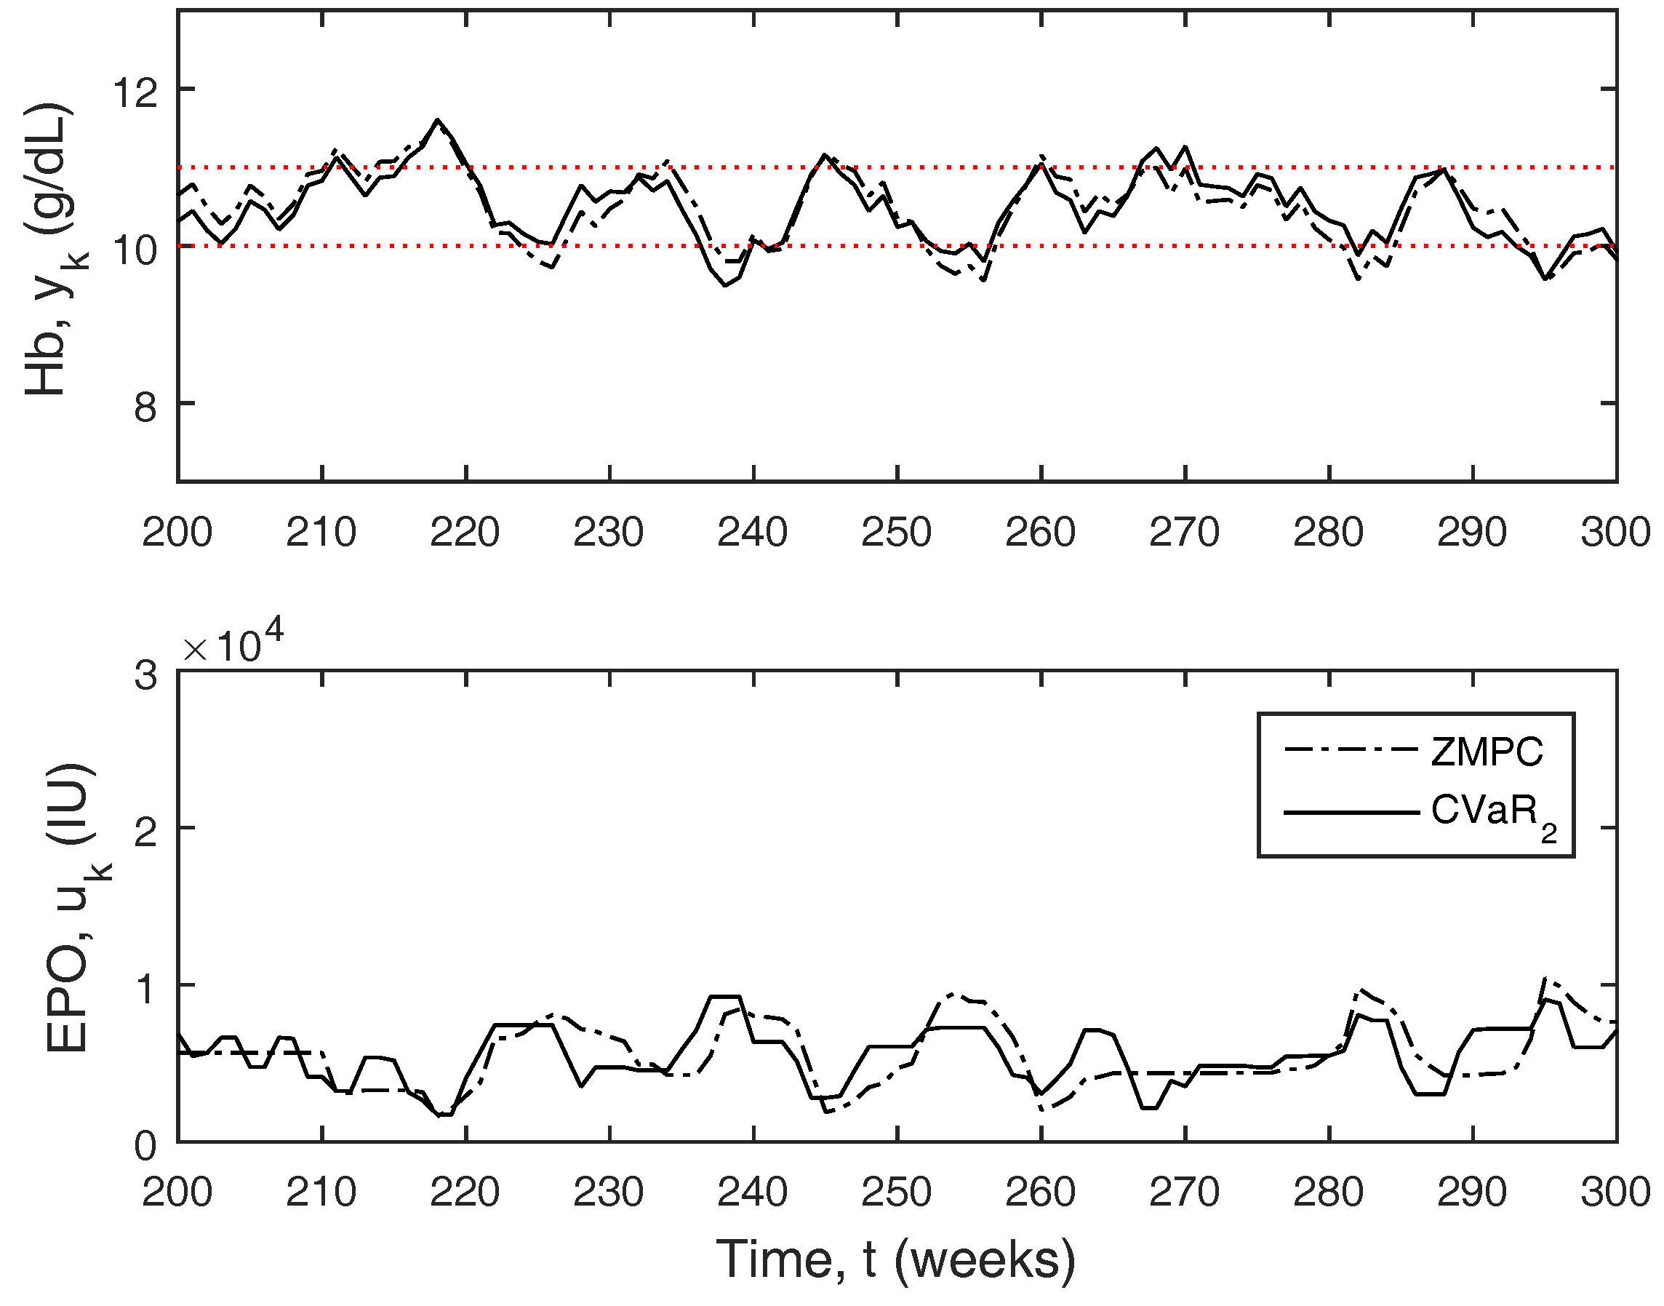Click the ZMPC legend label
point(1487,752)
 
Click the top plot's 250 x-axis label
point(896,531)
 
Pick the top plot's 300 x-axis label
point(1615,531)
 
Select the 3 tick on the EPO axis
point(145,676)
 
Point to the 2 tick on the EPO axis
point(145,832)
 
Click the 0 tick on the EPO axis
point(145,1145)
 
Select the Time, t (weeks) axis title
point(896,1259)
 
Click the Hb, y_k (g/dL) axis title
point(50,249)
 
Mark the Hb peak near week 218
point(437,120)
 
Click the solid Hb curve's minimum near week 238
point(724,285)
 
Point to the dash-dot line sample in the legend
point(1351,749)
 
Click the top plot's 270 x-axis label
point(1184,531)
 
